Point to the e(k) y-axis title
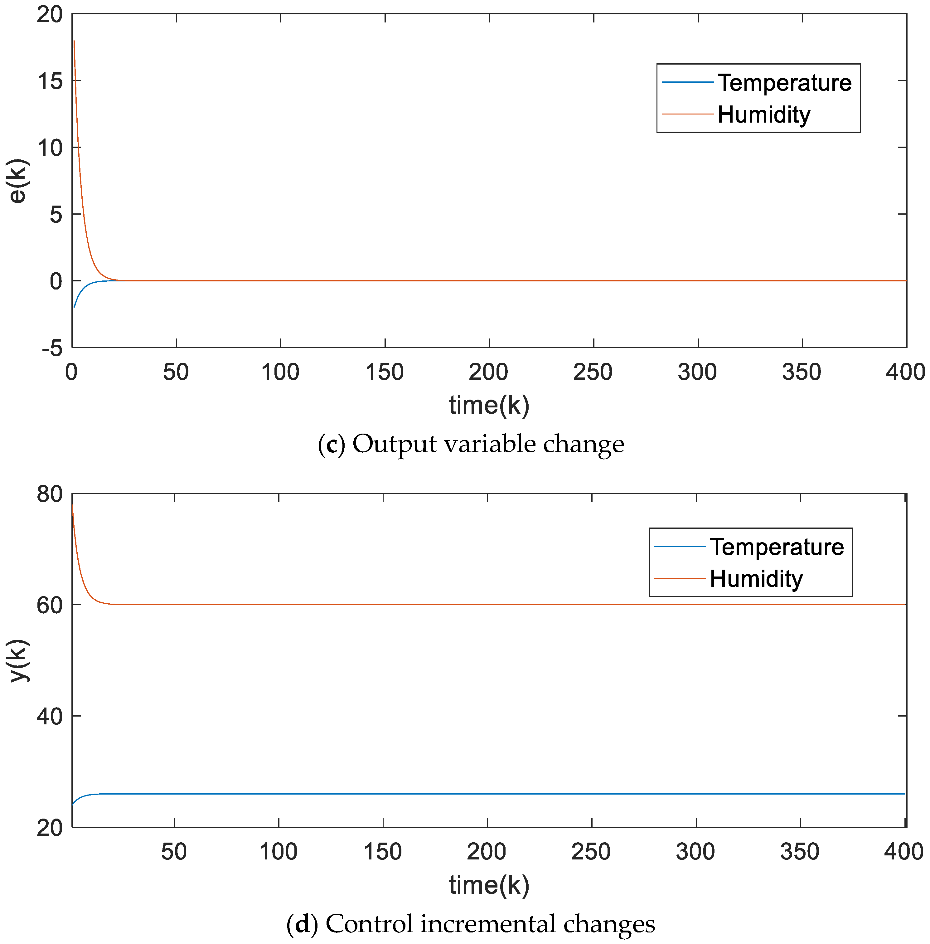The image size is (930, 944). pos(18,181)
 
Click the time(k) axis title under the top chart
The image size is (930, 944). pos(489,405)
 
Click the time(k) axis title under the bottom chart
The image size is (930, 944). pos(489,885)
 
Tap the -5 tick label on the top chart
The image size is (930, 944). pos(53,348)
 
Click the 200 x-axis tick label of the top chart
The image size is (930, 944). pos(488,372)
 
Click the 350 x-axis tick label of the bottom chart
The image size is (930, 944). pos(800,852)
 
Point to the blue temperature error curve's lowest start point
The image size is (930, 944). pos(74,307)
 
